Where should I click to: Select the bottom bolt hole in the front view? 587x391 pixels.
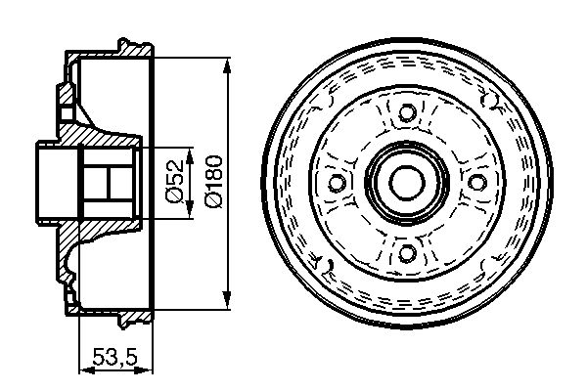pos(404,253)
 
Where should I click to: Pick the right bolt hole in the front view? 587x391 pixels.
pos(475,182)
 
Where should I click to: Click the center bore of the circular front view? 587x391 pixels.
pos(404,182)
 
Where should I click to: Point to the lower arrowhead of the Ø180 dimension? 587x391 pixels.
pos(228,299)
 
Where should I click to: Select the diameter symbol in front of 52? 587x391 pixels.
pos(173,195)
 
